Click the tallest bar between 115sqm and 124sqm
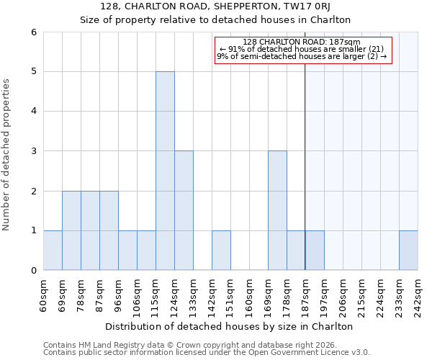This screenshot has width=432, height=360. [x=165, y=171]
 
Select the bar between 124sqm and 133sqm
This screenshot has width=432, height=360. [x=184, y=210]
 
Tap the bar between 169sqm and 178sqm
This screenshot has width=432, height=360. [x=277, y=210]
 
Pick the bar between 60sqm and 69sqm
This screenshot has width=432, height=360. [x=53, y=251]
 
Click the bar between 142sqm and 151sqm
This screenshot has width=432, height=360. [x=221, y=251]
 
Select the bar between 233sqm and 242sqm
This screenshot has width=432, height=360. [x=408, y=251]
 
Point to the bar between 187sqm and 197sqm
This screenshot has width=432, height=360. [x=315, y=251]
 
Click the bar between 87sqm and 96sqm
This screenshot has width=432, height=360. [x=109, y=230]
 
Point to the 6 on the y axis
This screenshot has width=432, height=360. [x=33, y=32]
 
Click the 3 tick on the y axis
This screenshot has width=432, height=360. [x=33, y=151]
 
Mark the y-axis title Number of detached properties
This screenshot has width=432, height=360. [x=7, y=155]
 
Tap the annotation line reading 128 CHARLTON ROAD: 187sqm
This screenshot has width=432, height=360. [x=302, y=42]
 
